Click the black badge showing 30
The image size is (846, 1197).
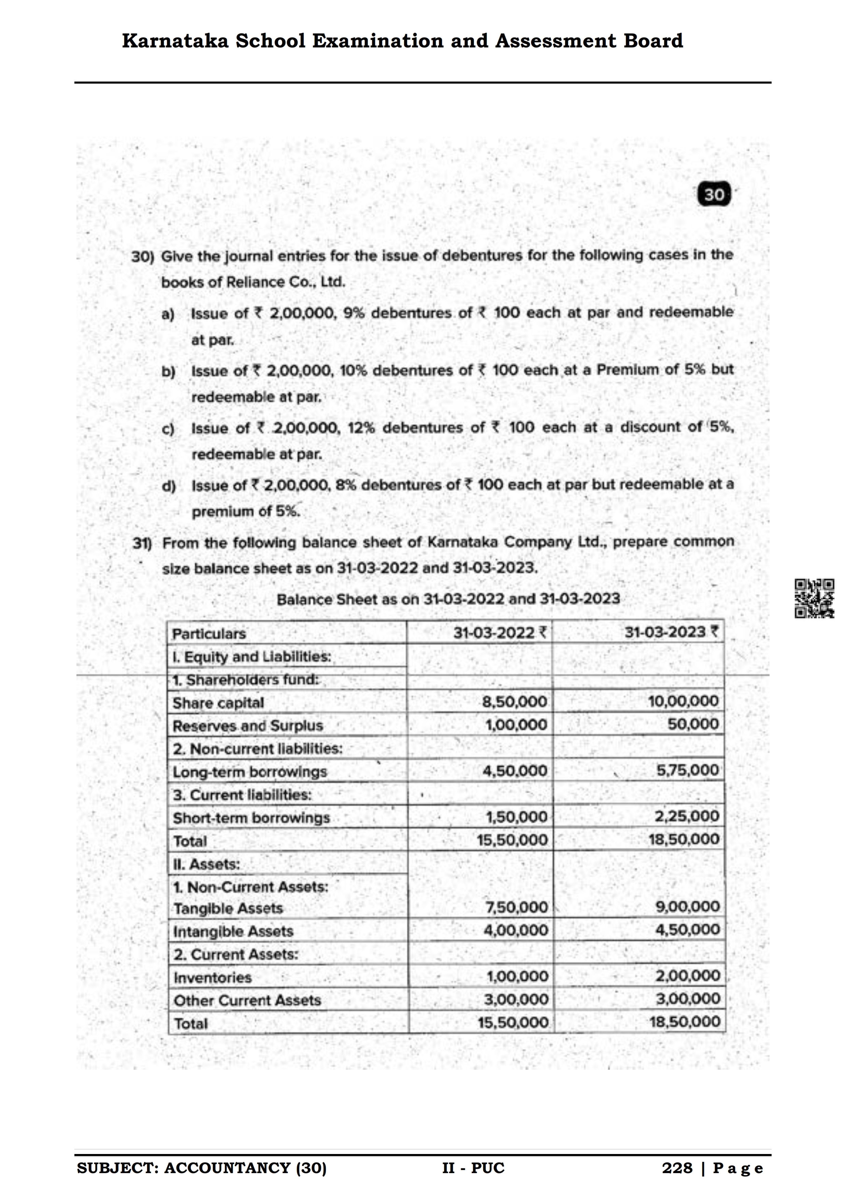[x=714, y=194]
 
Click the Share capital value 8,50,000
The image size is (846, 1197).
[x=515, y=702]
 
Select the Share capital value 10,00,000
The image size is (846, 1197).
[x=683, y=701]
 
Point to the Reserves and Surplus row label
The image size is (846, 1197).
[x=248, y=726]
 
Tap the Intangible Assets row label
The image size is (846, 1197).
[x=233, y=931]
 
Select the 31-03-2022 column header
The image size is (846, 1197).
[x=499, y=633]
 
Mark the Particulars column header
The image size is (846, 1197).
[x=209, y=634]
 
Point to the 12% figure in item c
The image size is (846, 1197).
[x=361, y=428]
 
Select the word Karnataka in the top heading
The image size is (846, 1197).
[x=175, y=41]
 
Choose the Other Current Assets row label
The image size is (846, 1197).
[x=247, y=1000]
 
